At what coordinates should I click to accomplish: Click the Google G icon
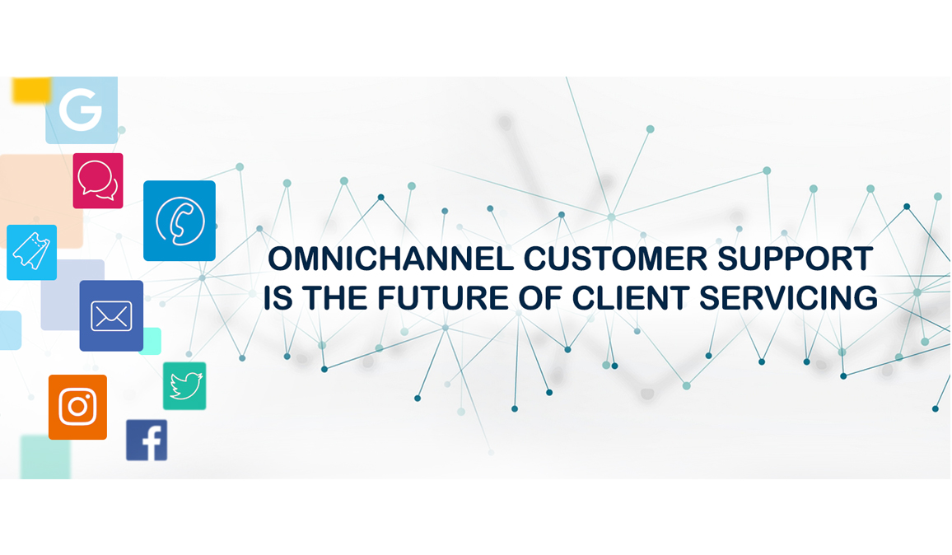(x=82, y=110)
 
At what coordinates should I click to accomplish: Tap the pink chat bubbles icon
(x=98, y=181)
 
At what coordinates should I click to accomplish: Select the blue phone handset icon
(x=179, y=221)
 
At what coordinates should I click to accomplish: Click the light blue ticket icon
(x=31, y=252)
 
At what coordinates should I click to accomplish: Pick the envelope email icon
(x=111, y=315)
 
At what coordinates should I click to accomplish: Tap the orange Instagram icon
(x=77, y=407)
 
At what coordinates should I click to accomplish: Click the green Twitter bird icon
(x=184, y=386)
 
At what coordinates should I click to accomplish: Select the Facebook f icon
(x=147, y=441)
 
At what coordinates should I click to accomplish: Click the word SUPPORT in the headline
(x=796, y=259)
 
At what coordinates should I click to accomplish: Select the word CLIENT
(x=631, y=298)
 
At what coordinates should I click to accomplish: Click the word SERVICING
(x=788, y=298)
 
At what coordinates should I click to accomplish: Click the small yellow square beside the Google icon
(x=30, y=89)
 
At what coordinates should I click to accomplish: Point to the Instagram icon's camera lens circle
(x=77, y=407)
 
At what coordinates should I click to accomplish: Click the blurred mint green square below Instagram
(x=45, y=457)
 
